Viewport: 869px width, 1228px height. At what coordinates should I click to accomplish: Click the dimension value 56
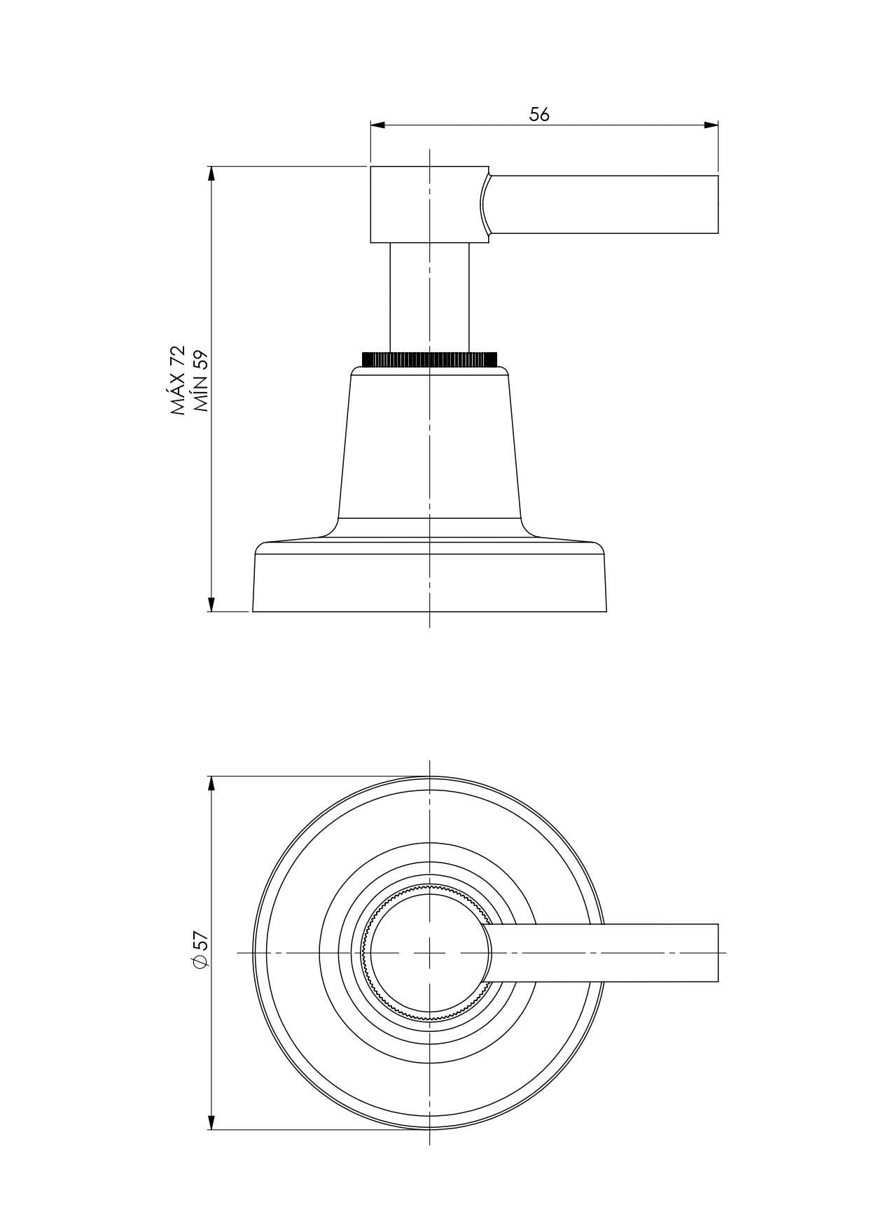pyautogui.click(x=539, y=115)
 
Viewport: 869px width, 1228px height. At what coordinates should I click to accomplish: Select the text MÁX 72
pyautogui.click(x=178, y=381)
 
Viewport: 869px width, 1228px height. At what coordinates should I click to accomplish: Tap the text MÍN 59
pyautogui.click(x=201, y=381)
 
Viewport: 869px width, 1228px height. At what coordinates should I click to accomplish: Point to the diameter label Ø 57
pyautogui.click(x=200, y=951)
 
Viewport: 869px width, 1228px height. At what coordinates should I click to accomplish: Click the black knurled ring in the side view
pyautogui.click(x=429, y=359)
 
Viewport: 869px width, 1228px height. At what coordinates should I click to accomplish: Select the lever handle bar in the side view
pyautogui.click(x=606, y=204)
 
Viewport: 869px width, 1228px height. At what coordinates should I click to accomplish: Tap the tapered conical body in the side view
pyautogui.click(x=429, y=448)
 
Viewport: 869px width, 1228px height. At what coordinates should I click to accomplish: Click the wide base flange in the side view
pyautogui.click(x=429, y=581)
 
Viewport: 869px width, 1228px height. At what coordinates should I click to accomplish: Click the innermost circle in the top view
pyautogui.click(x=406, y=953)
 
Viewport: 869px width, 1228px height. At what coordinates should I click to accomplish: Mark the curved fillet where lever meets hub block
pyautogui.click(x=484, y=204)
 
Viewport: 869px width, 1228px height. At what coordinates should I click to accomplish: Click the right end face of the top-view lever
pyautogui.click(x=718, y=953)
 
